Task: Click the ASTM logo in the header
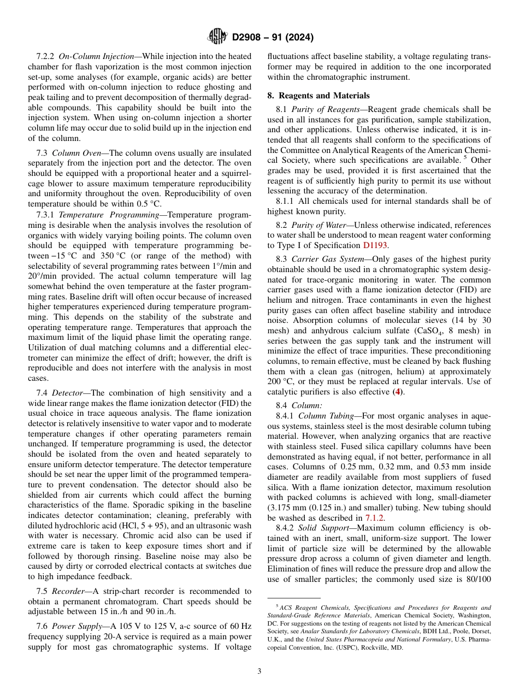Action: (x=217, y=37)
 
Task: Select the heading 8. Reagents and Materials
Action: (x=318, y=96)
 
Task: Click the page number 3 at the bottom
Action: (x=259, y=671)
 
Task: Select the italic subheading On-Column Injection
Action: (x=96, y=56)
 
